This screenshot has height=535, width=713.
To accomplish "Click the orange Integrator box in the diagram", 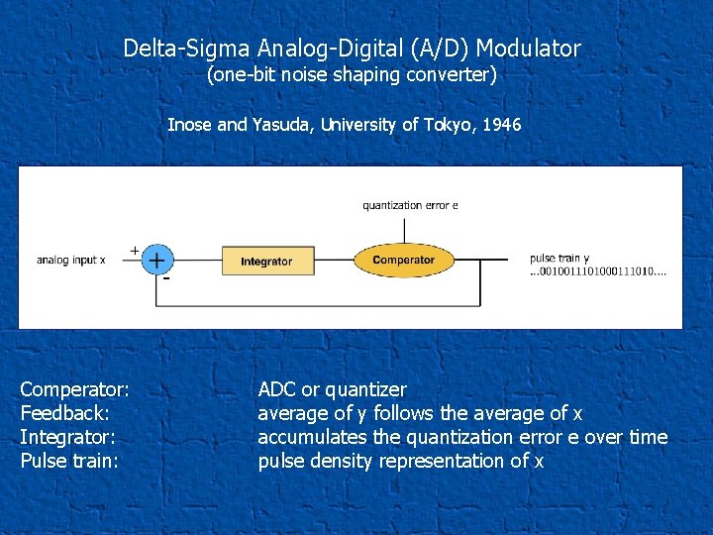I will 266,262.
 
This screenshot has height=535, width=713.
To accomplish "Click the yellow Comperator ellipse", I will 403,261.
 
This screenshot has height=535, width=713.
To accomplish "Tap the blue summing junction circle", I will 156,260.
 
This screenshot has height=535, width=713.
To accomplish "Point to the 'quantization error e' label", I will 410,205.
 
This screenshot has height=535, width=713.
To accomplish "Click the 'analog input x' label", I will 70,260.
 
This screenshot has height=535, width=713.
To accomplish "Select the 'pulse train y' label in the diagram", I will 560,259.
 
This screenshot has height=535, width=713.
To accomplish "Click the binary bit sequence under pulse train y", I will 598,271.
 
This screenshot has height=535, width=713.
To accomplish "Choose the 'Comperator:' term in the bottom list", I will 75,389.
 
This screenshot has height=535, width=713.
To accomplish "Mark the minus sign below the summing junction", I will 166,279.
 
